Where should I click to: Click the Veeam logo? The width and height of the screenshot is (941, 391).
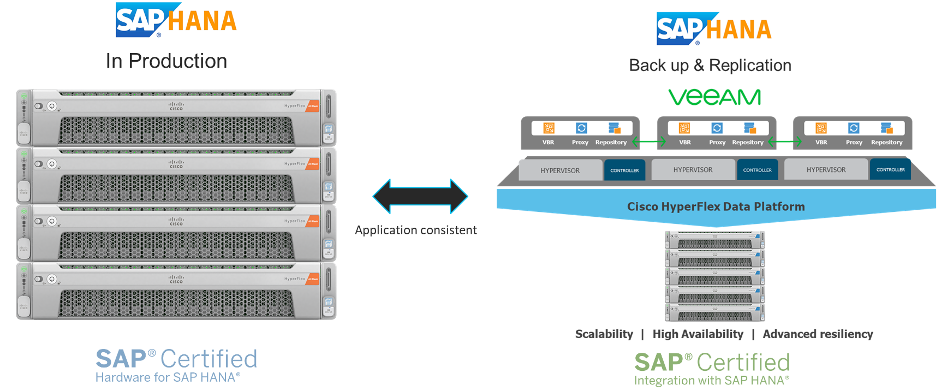click(x=714, y=97)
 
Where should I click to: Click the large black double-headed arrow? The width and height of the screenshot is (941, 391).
click(x=420, y=196)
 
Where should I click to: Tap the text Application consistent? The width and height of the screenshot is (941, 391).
click(x=416, y=230)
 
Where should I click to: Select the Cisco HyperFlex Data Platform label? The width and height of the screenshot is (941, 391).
click(x=716, y=206)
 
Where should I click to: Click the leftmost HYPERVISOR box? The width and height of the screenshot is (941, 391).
click(x=560, y=170)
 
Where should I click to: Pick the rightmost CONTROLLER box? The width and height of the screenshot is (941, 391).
click(x=890, y=170)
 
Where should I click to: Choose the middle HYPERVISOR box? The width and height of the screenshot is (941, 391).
click(x=693, y=170)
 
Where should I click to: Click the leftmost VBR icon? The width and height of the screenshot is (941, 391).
click(x=549, y=128)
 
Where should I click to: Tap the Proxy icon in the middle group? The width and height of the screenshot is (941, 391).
click(x=717, y=128)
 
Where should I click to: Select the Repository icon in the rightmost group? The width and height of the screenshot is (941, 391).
click(x=886, y=128)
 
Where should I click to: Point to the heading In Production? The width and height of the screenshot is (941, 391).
click(x=166, y=61)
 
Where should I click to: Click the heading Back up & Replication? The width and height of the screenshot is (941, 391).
click(x=710, y=66)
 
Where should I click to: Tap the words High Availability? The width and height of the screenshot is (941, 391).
click(x=698, y=334)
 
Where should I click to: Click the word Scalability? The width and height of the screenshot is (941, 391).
click(x=604, y=334)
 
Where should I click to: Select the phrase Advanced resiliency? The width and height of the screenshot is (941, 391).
click(x=818, y=334)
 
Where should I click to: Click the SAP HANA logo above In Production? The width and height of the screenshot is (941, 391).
click(x=176, y=21)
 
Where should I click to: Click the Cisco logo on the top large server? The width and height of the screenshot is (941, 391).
click(x=176, y=106)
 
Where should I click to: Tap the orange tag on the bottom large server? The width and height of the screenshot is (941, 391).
click(x=313, y=279)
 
